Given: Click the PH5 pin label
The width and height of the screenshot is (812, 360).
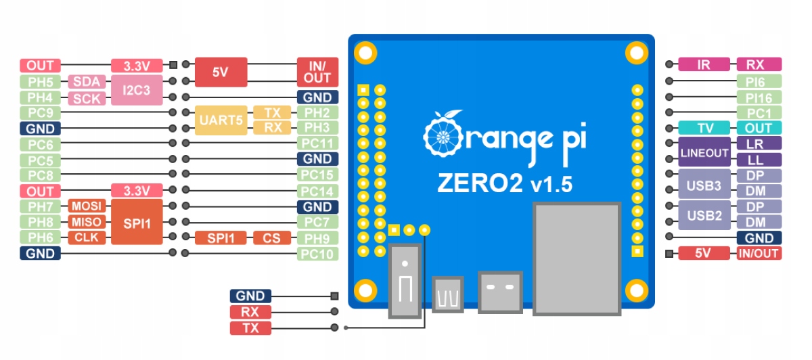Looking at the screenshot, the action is pos(40,82).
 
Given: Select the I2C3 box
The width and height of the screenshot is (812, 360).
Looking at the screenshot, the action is pos(137,90).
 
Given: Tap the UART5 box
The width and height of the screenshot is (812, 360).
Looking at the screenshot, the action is pos(221,120).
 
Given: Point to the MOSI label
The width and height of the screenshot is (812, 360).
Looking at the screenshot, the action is pos(87,206).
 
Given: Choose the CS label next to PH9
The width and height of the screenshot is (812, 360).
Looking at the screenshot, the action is pos(272,238).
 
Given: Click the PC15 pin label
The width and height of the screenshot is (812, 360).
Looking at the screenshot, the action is pos(317,175).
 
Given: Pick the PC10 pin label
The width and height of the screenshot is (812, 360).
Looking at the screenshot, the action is pos(317,254).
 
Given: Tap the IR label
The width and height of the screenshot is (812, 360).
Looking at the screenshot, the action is pos(704,64).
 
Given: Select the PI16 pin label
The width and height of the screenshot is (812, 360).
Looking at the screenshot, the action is pos(759,97).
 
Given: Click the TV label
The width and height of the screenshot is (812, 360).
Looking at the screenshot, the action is pos(704,128).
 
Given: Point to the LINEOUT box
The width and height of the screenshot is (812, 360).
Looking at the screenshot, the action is pos(704,152).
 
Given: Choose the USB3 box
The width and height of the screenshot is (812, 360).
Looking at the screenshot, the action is pos(704,185).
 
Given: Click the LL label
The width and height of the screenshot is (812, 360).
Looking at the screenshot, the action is pos(759,160).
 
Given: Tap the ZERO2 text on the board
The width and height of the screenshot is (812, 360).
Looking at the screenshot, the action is pos(480,183).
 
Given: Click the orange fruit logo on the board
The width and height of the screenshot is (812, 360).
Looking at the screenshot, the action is pos(443,133).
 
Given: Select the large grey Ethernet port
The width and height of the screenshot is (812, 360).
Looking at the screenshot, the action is pos(577,259).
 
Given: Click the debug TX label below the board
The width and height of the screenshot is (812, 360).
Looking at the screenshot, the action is pos(250,328).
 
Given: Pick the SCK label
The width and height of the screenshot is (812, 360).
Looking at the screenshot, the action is pos(87,98).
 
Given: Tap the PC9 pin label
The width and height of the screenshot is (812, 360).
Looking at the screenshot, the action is pos(40,113).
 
